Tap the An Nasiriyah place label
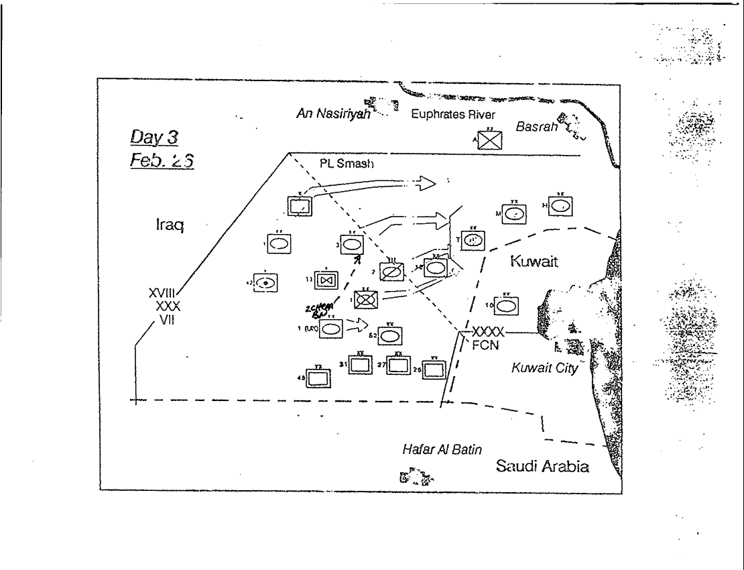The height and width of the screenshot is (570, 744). (x=333, y=115)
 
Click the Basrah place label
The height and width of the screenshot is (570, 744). (x=537, y=127)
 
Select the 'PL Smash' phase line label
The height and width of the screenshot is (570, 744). (x=347, y=165)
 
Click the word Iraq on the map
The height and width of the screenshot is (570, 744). (x=167, y=226)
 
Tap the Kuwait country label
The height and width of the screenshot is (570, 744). (x=534, y=261)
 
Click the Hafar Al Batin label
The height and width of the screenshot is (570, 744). (x=441, y=450)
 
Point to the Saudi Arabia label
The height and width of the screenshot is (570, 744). (x=542, y=467)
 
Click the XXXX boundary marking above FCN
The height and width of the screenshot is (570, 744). (x=488, y=332)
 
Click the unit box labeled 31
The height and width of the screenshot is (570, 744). (x=361, y=365)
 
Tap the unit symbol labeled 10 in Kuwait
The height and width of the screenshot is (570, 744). (x=507, y=305)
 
